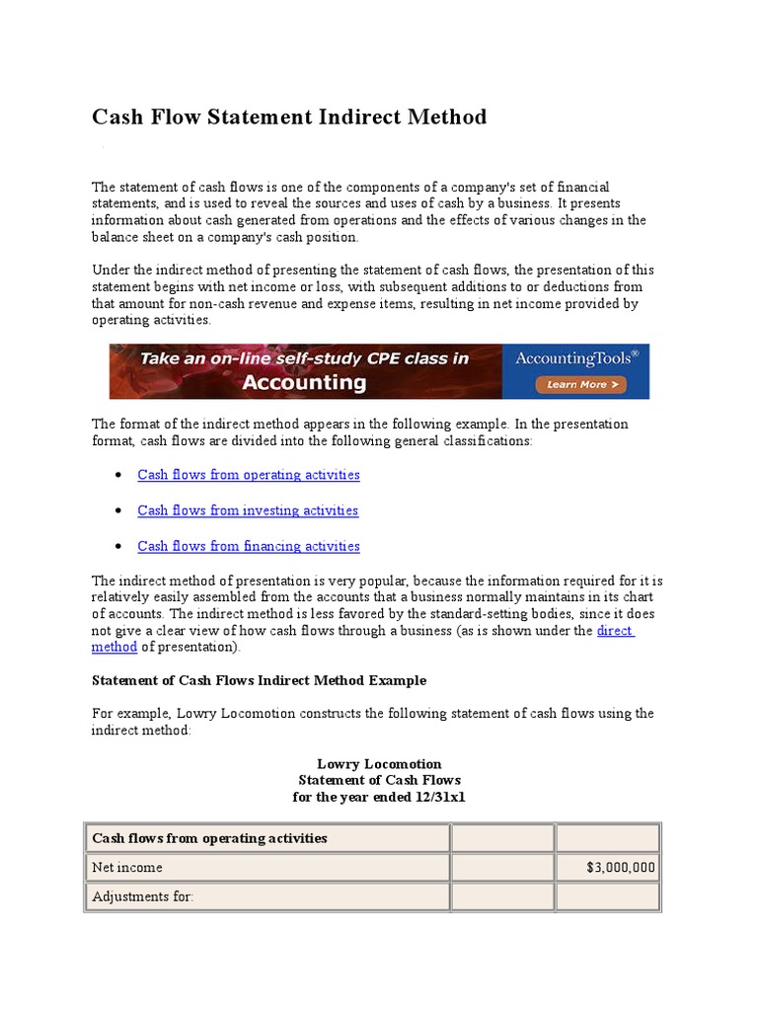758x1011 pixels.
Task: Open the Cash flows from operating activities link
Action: click(249, 475)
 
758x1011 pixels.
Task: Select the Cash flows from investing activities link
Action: click(248, 510)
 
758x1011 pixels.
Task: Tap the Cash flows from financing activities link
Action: click(249, 546)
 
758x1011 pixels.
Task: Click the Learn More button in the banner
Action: click(576, 384)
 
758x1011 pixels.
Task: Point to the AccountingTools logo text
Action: click(575, 358)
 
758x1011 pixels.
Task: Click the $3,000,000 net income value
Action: click(620, 868)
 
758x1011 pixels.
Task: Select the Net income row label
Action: click(127, 868)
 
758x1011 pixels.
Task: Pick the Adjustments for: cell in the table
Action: click(142, 897)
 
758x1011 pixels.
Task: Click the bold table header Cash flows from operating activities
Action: click(209, 838)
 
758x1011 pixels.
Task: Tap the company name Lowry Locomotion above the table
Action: click(379, 764)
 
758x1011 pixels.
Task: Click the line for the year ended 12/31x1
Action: click(379, 797)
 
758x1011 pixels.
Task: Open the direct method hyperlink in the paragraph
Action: click(615, 631)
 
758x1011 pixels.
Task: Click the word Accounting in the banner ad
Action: click(303, 382)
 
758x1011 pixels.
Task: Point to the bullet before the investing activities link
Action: click(118, 510)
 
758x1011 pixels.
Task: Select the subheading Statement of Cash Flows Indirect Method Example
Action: click(259, 680)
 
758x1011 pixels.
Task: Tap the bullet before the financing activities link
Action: click(118, 546)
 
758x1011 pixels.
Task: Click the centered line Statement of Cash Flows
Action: click(379, 780)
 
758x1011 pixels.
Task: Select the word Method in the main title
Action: click(443, 117)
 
